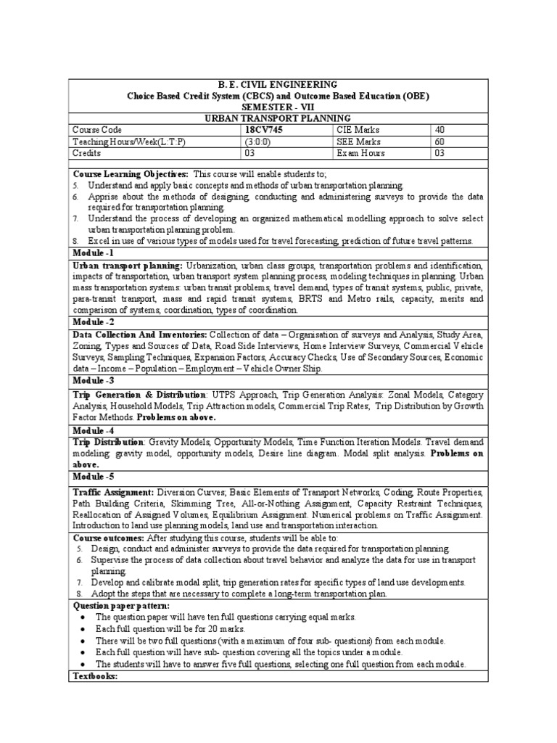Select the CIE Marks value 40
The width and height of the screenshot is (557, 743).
pos(440,129)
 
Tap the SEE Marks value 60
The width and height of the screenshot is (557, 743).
pos(440,141)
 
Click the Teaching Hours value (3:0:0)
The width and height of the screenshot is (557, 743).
pos(260,141)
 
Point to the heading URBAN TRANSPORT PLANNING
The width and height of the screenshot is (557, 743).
pos(278,118)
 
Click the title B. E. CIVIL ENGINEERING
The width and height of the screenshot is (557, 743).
pos(278,85)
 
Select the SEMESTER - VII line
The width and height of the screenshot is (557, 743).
pos(278,107)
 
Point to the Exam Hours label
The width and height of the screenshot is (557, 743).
pos(360,153)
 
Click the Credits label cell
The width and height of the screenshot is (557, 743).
pos(86,153)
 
